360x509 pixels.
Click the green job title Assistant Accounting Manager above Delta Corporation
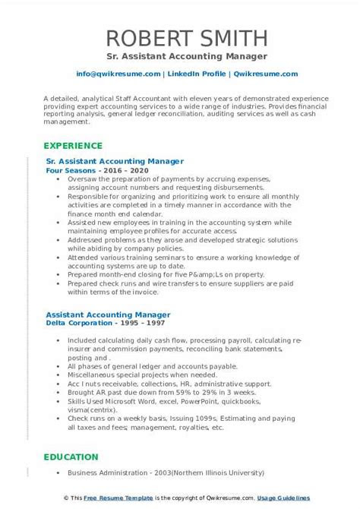pos(108,314)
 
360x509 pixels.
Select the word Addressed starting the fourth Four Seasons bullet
pos(86,239)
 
